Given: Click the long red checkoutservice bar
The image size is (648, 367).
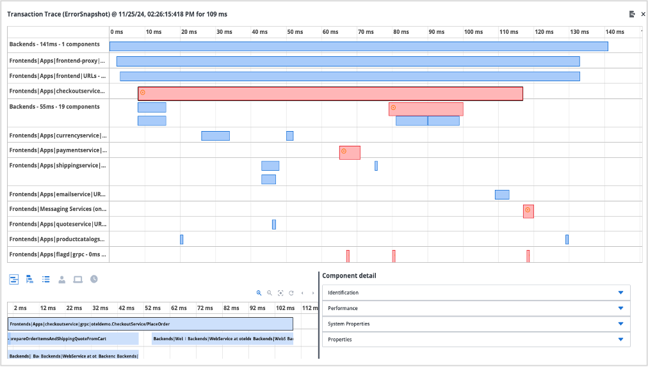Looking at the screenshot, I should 330,94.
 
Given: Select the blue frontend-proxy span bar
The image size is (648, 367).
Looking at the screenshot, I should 348,61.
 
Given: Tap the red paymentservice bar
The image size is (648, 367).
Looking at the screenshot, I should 350,153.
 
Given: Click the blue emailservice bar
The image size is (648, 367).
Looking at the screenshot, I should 502,194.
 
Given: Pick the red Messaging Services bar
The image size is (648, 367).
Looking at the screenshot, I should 528,212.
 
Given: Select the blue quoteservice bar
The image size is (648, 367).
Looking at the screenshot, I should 274,224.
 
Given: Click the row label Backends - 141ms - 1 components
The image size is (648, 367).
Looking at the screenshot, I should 54,45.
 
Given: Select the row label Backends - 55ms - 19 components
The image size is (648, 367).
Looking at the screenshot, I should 54,107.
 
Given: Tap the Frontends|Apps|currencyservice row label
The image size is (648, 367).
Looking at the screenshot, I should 58,136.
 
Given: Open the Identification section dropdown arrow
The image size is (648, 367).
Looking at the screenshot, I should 620,293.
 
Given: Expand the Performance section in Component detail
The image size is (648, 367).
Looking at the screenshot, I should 620,308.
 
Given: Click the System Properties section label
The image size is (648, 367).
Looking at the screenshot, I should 348,324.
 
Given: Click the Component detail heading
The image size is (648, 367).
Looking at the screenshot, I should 349,276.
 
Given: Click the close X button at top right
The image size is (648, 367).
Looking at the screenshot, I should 642,13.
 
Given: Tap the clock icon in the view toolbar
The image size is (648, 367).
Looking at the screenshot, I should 94,279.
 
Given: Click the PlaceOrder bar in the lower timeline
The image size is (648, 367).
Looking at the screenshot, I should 150,324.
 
